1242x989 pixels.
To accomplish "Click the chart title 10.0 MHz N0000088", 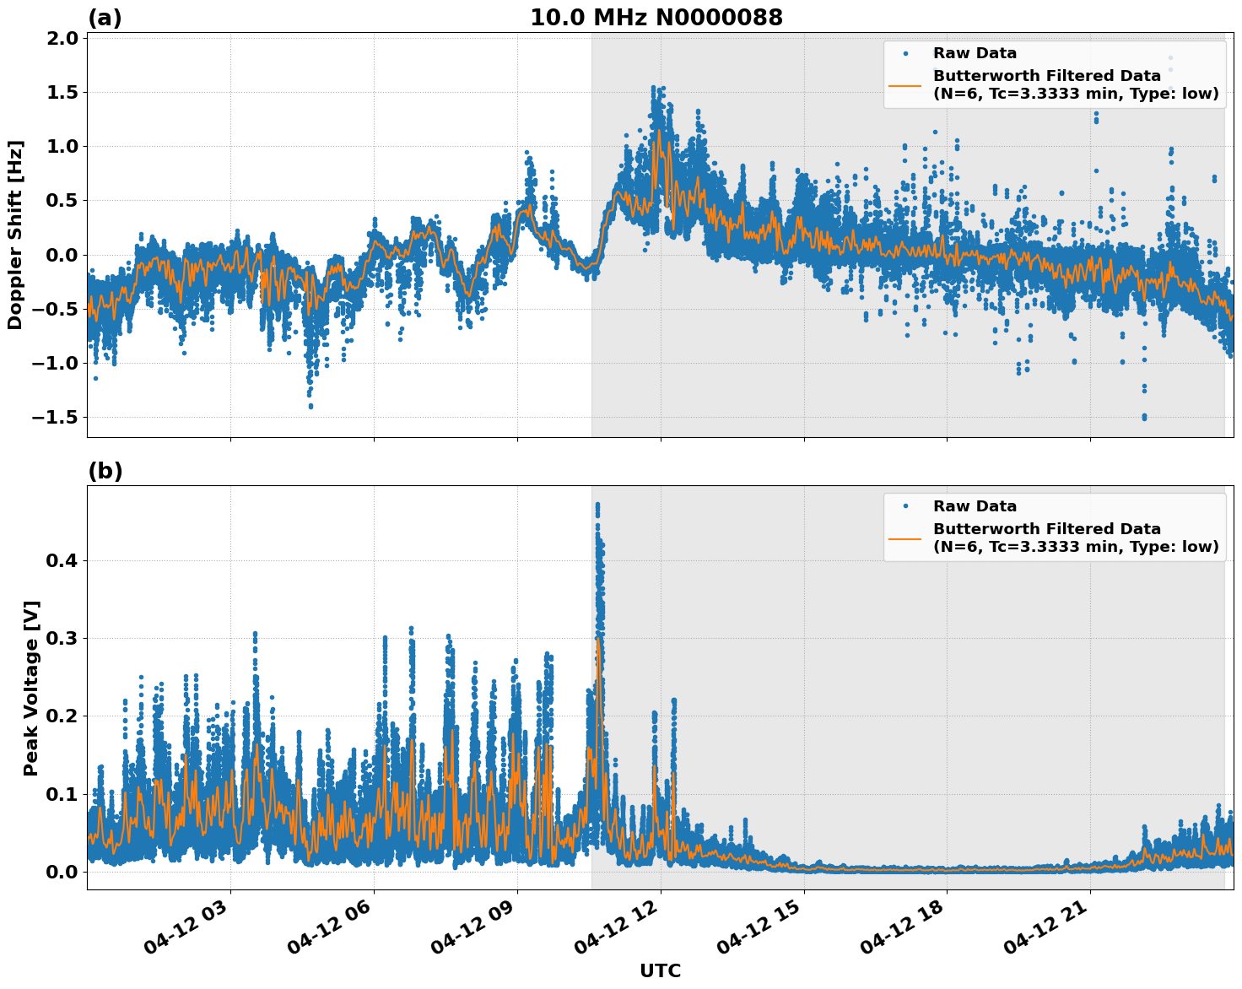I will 656,18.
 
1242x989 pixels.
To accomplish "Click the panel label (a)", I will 105,18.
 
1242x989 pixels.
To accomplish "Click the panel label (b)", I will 105,471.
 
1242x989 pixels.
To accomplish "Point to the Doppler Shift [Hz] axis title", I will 15,235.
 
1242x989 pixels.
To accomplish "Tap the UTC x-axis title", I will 660,970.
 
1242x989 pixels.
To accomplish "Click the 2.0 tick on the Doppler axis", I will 58,39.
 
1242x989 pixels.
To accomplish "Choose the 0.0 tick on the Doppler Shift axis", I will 58,255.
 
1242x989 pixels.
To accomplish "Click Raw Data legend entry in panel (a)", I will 975,53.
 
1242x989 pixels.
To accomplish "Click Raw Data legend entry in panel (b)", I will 975,506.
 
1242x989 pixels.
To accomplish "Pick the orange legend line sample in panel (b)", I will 904,538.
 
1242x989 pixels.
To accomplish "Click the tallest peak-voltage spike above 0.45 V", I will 597,505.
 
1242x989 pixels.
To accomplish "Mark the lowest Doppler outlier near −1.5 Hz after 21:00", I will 1144,417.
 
